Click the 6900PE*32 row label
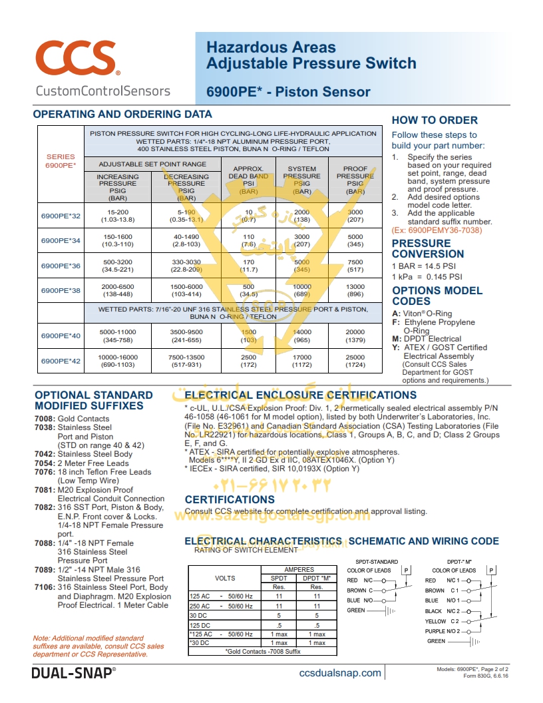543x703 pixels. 61,216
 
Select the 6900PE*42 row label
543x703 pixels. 61,361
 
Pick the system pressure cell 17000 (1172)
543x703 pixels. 302,361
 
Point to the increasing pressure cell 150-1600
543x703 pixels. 118,240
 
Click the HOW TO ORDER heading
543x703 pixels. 435,120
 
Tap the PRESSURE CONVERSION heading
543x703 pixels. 428,248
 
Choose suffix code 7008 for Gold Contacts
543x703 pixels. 45,419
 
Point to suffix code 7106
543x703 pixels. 45,588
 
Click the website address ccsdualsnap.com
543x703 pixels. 341,673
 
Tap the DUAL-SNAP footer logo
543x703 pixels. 73,673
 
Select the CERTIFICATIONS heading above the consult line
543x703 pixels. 230,499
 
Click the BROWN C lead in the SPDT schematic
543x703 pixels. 359,590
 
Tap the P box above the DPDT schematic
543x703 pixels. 492,571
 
